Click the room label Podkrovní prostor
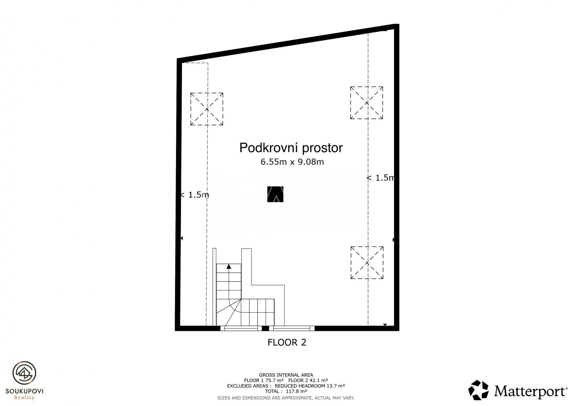291,148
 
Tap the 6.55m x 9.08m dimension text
292,162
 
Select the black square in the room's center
275,194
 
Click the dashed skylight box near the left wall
206,109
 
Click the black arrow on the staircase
229,267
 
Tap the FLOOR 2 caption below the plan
287,342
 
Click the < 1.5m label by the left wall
195,195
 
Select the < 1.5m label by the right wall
380,178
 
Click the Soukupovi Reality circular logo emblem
24,373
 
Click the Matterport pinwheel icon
479,390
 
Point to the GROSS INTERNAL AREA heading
286,375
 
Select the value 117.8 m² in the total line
296,391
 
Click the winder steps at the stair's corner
228,312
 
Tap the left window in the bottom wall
241,329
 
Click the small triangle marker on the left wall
182,238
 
